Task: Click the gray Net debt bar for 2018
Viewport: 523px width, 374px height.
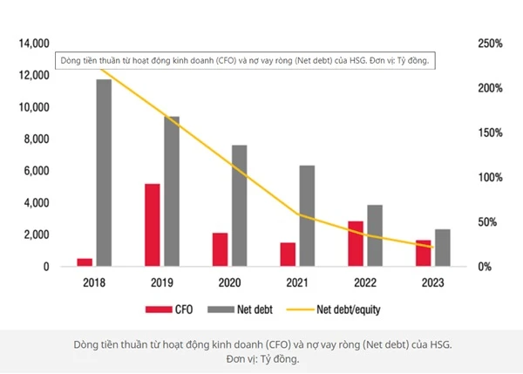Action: click(x=104, y=172)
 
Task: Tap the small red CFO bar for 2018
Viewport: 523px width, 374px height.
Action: click(x=85, y=262)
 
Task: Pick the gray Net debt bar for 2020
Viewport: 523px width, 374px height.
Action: click(x=239, y=206)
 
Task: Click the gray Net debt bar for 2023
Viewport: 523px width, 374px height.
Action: click(x=443, y=248)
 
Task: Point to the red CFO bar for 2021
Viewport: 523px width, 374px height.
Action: click(x=288, y=254)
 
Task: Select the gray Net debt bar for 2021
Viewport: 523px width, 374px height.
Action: click(x=307, y=215)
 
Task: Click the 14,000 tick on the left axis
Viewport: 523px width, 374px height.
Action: click(x=32, y=44)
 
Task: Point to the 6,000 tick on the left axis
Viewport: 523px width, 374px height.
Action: click(x=35, y=172)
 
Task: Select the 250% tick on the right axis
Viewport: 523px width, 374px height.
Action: click(x=490, y=44)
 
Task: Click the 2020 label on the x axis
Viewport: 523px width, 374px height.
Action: click(x=229, y=282)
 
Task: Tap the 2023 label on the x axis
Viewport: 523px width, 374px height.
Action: click(x=433, y=282)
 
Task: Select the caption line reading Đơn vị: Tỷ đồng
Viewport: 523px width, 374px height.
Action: click(x=261, y=358)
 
